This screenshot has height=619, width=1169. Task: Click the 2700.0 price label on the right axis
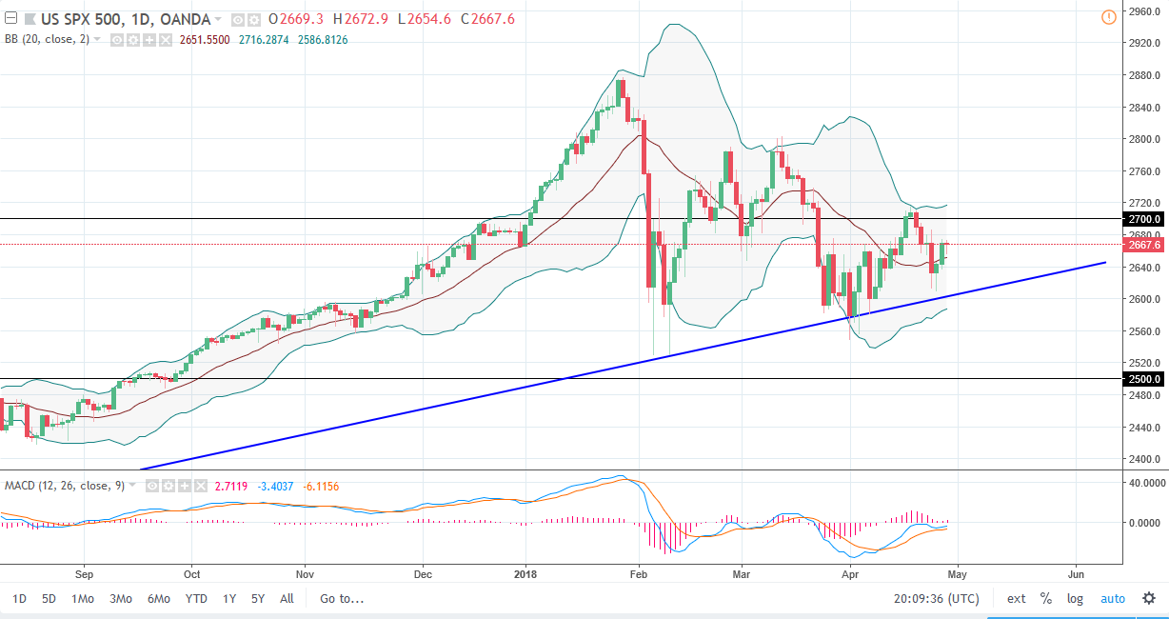pos(1143,219)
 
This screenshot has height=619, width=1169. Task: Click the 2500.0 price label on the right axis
pos(1143,379)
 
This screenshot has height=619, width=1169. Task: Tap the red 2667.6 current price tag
pos(1143,245)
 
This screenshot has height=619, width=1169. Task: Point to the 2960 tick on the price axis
pos(1140,11)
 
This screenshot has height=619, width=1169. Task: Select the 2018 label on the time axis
pos(525,574)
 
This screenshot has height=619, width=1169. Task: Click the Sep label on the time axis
pos(84,574)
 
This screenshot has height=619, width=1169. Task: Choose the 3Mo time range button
pos(121,599)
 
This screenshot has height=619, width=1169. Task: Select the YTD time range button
pos(196,599)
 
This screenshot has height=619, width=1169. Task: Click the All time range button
pos(287,599)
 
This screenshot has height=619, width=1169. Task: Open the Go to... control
pos(342,599)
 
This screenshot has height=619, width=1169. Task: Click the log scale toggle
pos(1075,599)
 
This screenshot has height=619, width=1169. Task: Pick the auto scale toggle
pos(1113,599)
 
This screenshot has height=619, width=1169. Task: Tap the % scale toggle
pos(1045,599)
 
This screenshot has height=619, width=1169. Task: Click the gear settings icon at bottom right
pos(1149,599)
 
